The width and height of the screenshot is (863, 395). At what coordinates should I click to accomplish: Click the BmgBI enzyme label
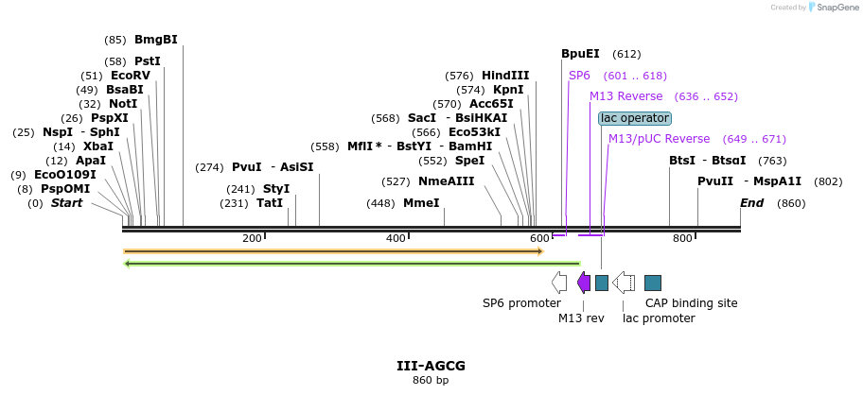tap(156, 40)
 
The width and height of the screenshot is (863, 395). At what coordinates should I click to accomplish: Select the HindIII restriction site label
tap(505, 76)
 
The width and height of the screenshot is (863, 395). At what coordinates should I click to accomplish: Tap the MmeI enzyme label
tap(421, 203)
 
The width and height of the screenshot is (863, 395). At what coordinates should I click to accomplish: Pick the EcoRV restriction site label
tap(131, 76)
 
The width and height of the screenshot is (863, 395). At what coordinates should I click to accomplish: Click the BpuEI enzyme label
tap(580, 54)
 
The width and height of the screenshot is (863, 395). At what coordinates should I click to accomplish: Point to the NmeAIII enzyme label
tap(446, 181)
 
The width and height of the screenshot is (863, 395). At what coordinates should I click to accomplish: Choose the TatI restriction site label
tap(270, 203)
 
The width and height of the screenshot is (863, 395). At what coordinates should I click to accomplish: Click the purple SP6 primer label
tap(579, 76)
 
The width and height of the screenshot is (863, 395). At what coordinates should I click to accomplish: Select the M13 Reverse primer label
tap(625, 96)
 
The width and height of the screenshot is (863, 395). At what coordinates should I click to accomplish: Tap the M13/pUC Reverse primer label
tap(659, 139)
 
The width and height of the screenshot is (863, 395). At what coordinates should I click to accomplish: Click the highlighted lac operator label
tap(635, 118)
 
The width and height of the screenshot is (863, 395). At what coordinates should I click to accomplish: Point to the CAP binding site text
tap(691, 303)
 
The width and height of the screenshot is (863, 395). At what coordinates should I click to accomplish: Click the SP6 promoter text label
tap(521, 303)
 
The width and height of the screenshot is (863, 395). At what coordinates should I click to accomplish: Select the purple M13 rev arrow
tap(584, 283)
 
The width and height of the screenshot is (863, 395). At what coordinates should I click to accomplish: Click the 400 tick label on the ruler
tap(396, 238)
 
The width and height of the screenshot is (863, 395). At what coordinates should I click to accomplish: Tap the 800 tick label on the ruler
tap(682, 238)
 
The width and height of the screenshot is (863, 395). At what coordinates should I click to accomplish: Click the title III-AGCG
tap(431, 366)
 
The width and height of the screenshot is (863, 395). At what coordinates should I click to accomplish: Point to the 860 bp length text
tap(431, 380)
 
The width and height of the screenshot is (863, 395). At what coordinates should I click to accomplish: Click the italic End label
tap(752, 203)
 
